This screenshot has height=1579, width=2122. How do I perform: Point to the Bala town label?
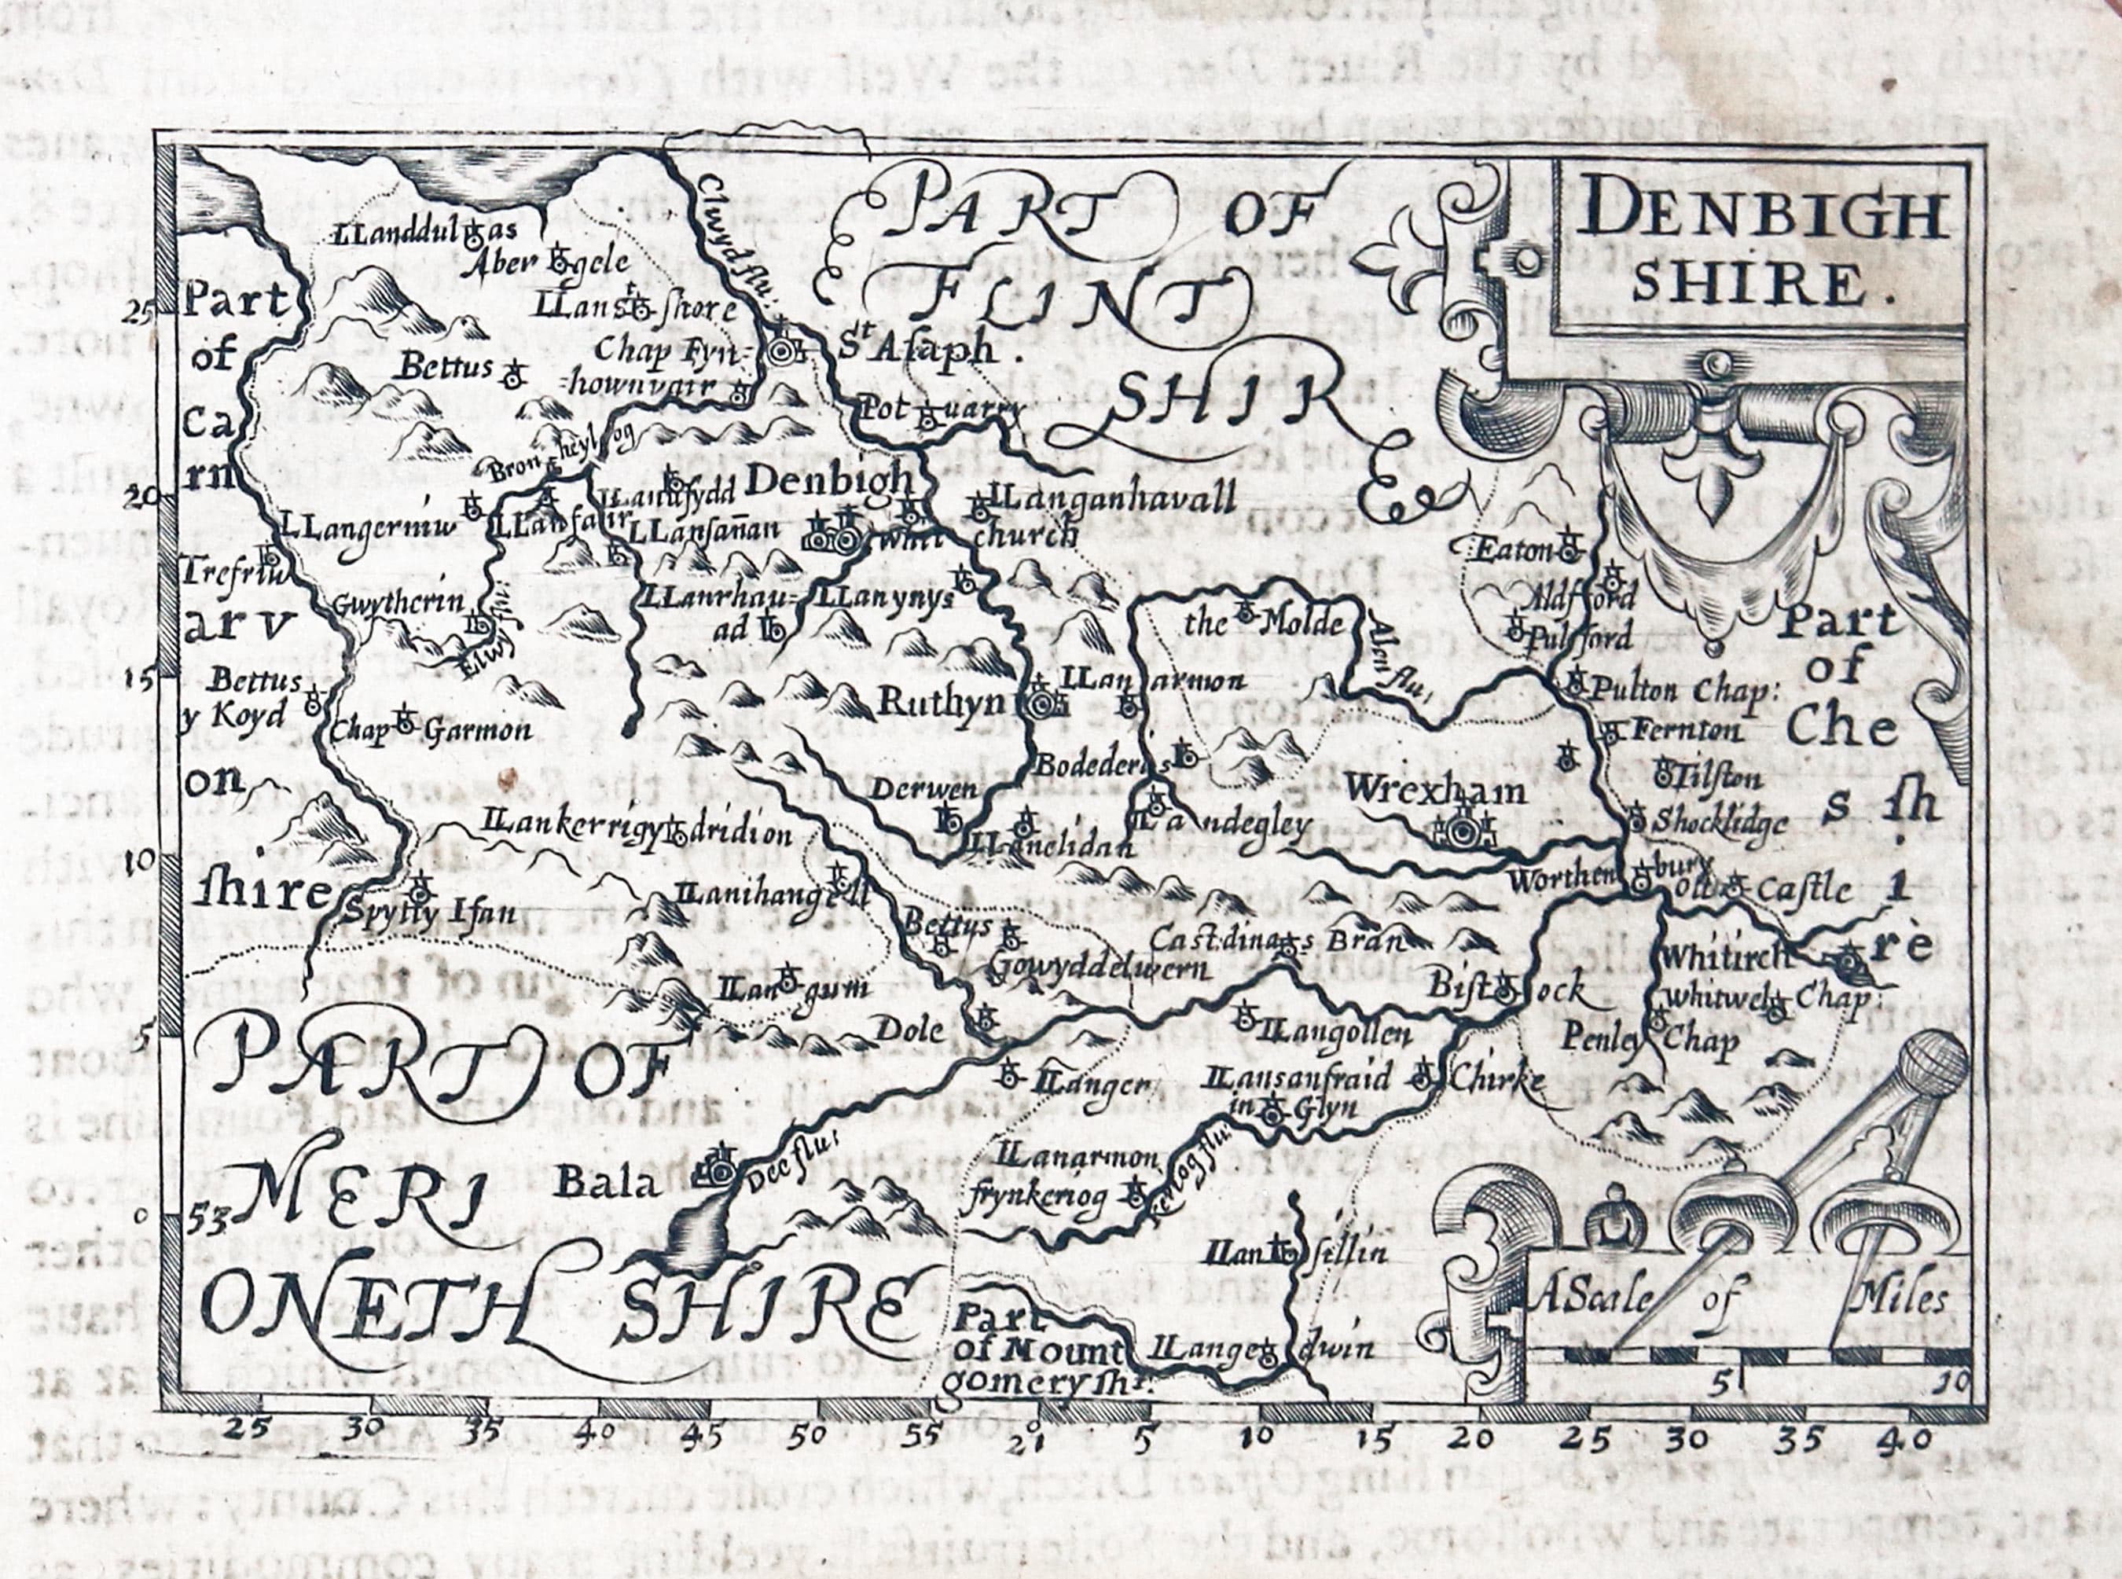pyautogui.click(x=608, y=1185)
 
